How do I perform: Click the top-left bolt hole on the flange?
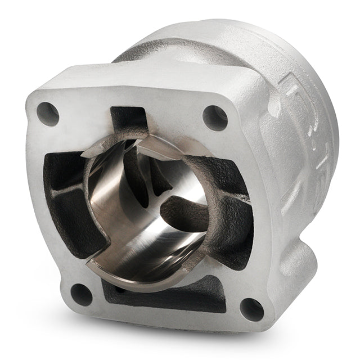(x=48, y=114)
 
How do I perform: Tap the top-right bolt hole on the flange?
(x=215, y=118)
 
